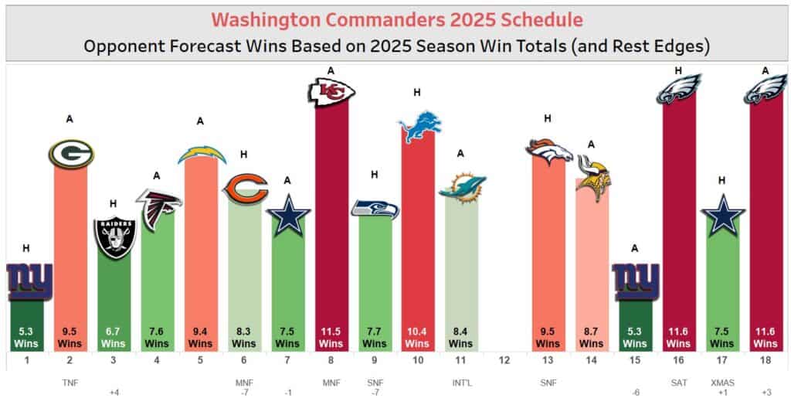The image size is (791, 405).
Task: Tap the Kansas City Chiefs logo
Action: (331, 93)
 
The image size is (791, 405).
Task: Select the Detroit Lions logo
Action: (419, 128)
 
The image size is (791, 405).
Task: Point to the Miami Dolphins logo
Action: (462, 188)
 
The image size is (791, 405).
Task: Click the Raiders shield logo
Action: (114, 237)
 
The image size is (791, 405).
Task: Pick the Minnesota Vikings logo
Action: (592, 179)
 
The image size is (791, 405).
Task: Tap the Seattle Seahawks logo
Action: (375, 209)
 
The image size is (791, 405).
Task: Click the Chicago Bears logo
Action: (245, 189)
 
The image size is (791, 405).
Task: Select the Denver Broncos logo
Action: (548, 152)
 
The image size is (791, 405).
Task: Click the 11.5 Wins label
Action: (331, 337)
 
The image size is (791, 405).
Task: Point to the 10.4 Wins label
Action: (419, 337)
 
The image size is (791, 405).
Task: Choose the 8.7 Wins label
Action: (592, 337)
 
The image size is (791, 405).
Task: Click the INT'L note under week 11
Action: (462, 381)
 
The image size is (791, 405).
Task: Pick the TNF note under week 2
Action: (70, 381)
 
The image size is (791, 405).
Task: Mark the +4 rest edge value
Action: (114, 393)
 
